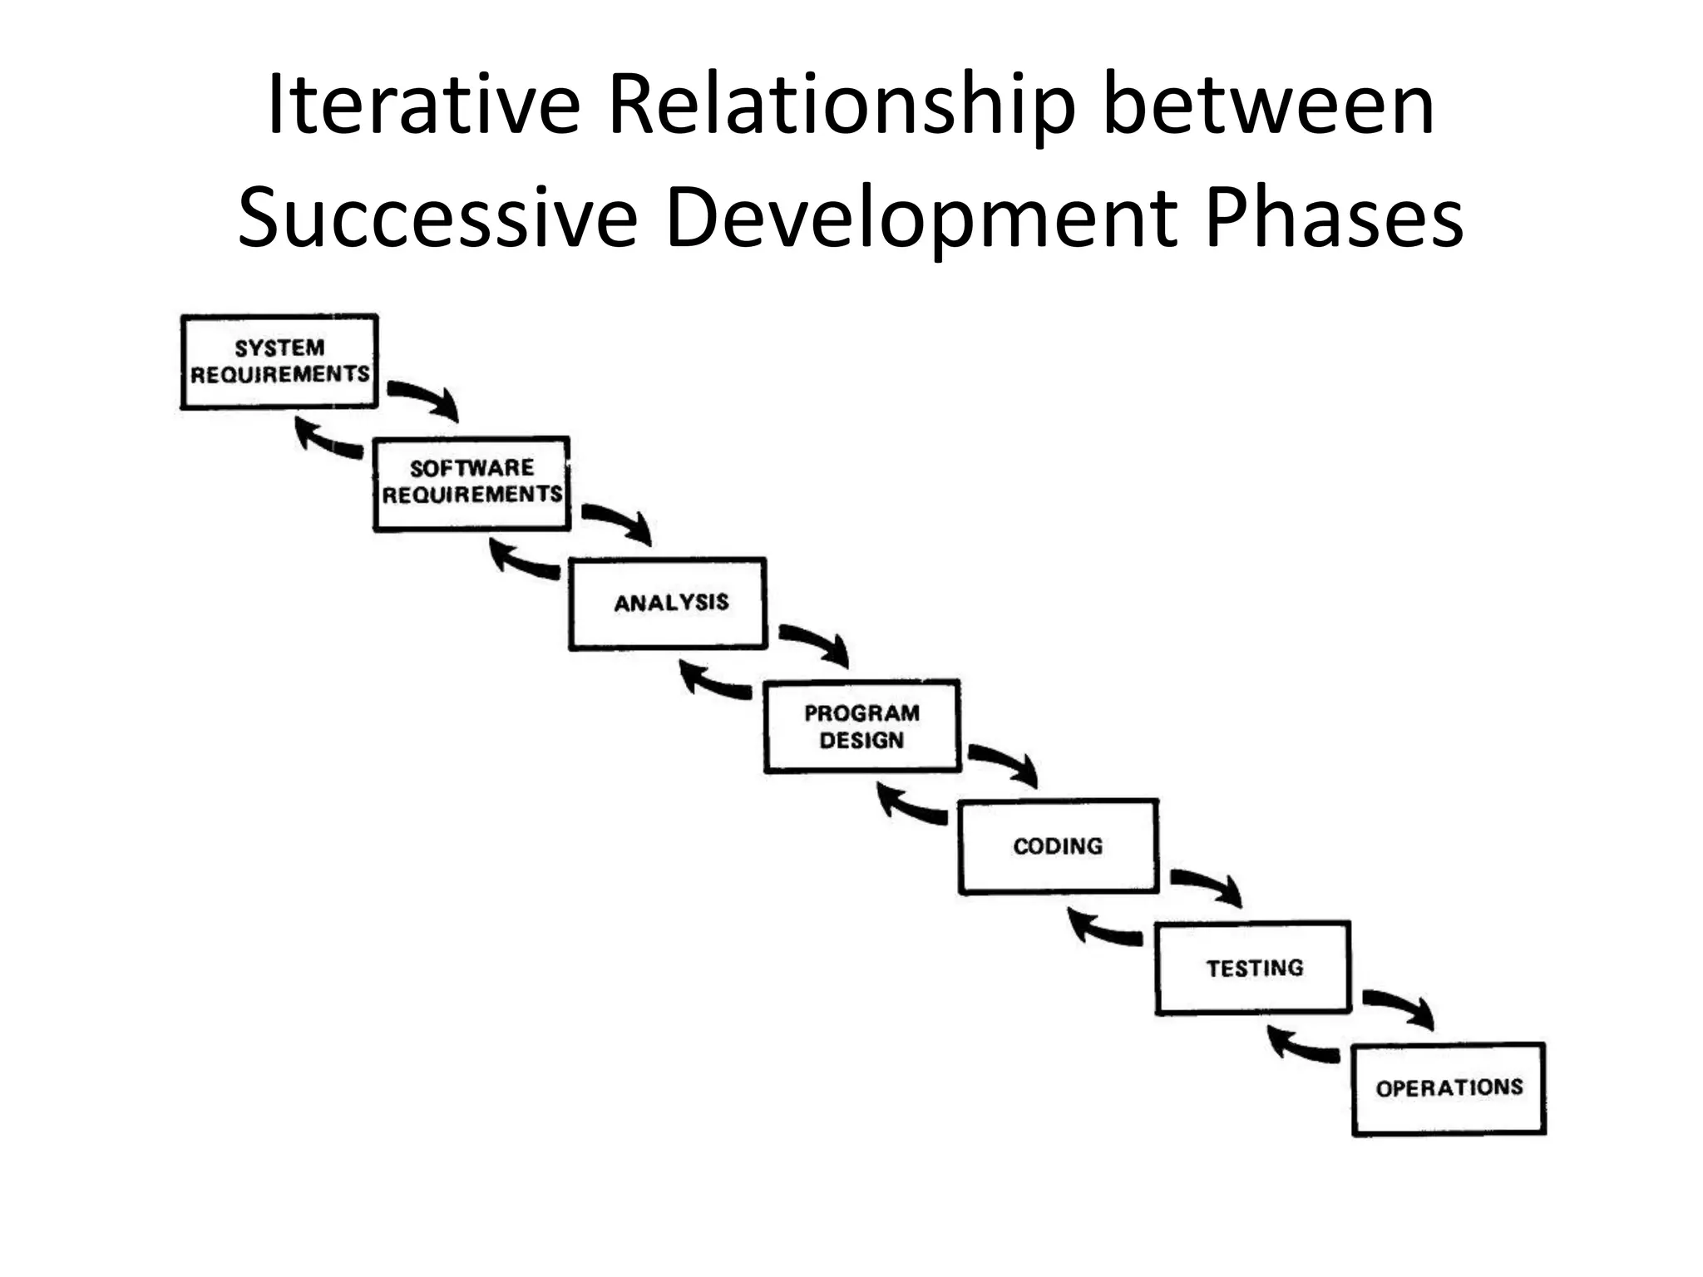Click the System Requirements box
279,362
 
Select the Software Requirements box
472,483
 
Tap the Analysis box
668,604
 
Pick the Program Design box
862,727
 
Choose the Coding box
1059,846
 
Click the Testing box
1253,968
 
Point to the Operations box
1449,1088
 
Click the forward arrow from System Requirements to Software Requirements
424,397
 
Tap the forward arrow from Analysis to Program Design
815,642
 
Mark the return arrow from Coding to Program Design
911,806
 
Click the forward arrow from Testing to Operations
1399,1007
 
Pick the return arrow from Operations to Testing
1301,1046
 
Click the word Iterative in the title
423,106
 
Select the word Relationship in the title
841,106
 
